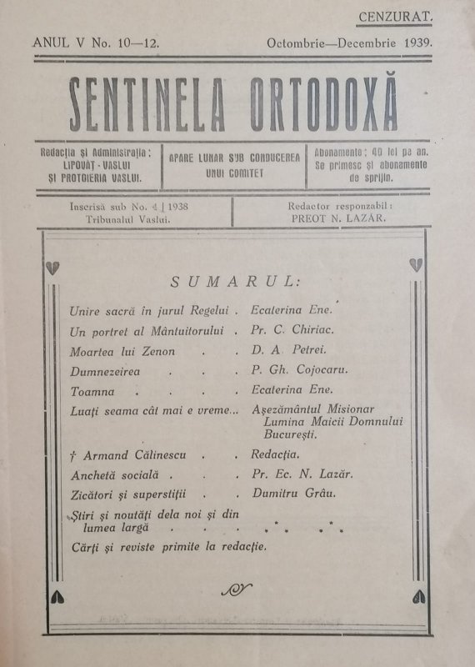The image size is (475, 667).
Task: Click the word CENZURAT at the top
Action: (x=394, y=15)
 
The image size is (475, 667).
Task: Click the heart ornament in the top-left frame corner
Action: (x=54, y=266)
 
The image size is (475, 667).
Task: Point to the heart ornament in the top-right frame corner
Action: (x=414, y=264)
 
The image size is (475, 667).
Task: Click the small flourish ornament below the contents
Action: (x=237, y=589)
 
